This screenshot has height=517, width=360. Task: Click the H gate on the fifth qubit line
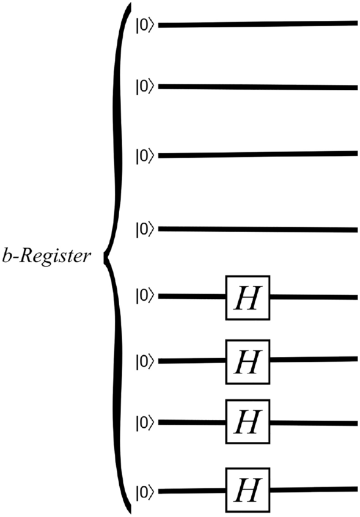[x=248, y=298]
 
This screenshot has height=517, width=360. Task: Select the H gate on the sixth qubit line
[x=248, y=361]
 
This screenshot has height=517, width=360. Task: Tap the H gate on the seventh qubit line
[x=248, y=422]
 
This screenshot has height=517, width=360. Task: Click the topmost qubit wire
[x=257, y=24]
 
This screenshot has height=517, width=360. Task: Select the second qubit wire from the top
[x=257, y=87]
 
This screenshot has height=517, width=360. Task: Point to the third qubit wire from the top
[x=257, y=154]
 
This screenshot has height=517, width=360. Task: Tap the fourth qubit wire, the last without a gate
[x=257, y=230]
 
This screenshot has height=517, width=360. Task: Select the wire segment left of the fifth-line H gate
[x=192, y=297]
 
